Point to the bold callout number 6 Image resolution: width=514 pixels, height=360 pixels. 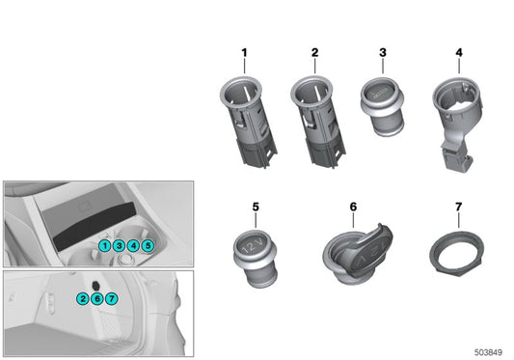(353, 207)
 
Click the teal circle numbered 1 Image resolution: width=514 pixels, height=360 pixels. (104, 247)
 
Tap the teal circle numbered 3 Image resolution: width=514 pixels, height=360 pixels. (119, 247)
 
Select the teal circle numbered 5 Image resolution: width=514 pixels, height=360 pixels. (148, 247)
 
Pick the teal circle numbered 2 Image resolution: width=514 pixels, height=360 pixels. (84, 299)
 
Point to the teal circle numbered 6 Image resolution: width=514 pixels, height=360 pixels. (97, 299)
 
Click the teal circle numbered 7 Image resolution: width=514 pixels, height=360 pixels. (112, 299)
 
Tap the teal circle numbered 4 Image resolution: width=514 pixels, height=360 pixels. (133, 247)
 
